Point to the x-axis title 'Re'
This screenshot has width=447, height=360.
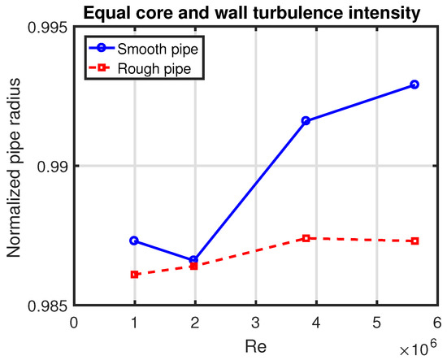(x=255, y=345)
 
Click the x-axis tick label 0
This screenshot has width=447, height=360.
(x=74, y=322)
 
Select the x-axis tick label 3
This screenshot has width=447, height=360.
(x=255, y=322)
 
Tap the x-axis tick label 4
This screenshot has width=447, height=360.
(x=316, y=322)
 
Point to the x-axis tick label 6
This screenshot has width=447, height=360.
(x=436, y=322)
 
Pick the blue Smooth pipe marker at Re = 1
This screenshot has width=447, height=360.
(x=134, y=241)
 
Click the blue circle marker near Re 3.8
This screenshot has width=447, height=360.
(x=306, y=120)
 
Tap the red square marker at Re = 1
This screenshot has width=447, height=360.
(x=134, y=275)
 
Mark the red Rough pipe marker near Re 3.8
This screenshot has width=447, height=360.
(x=306, y=238)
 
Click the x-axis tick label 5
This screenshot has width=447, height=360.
(x=376, y=322)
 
